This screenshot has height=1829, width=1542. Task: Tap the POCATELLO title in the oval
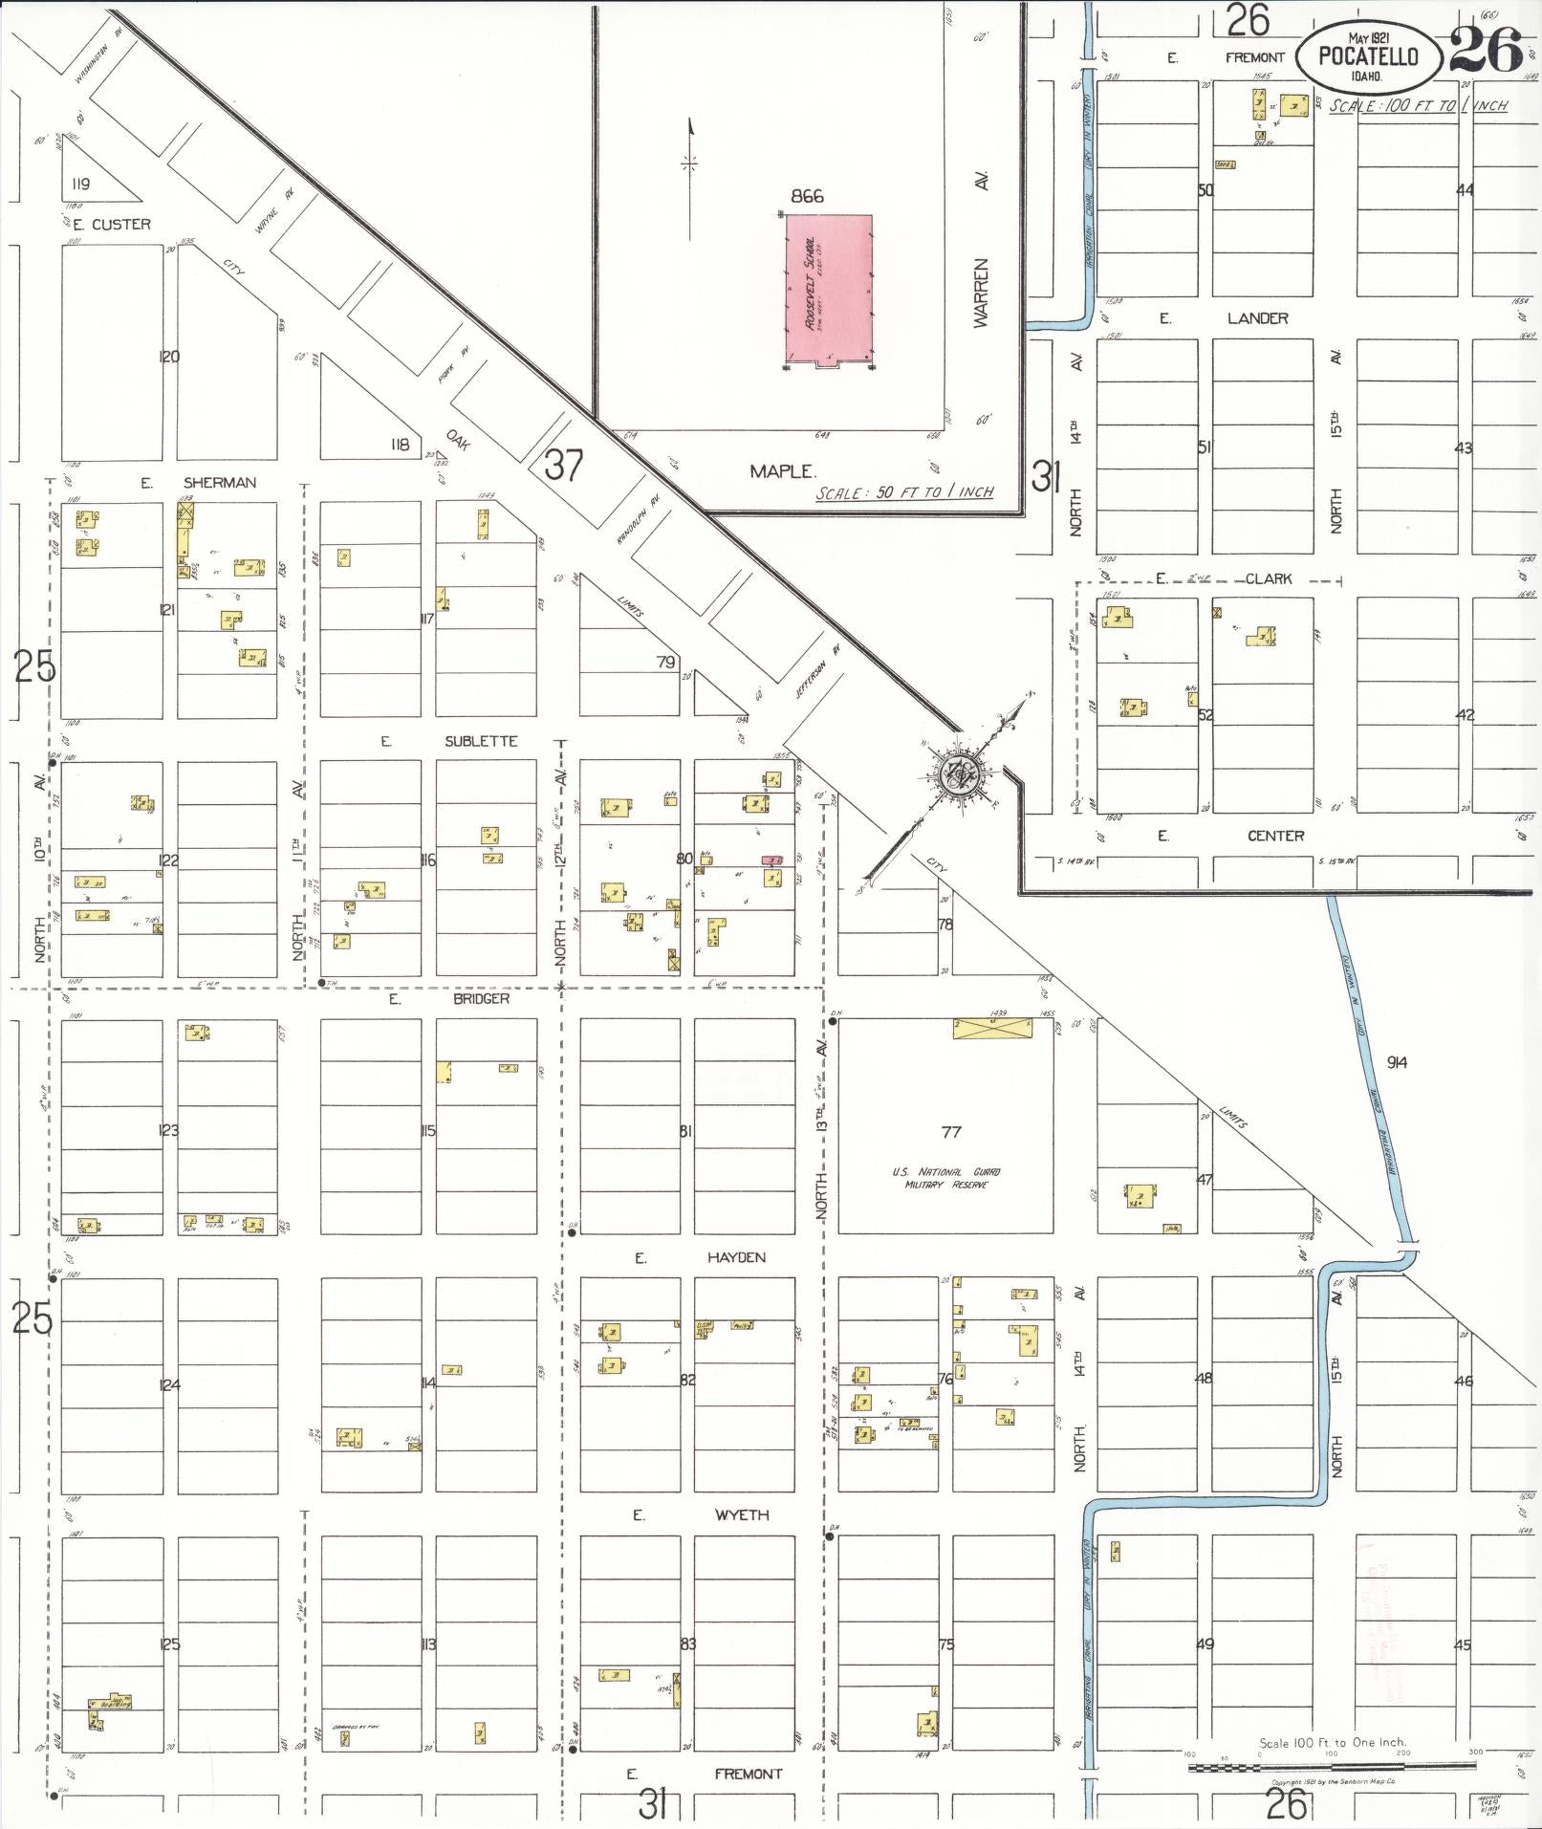coord(1368,56)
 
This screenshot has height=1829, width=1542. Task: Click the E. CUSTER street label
coord(112,225)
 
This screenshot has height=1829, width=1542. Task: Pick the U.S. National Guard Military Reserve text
coord(946,1178)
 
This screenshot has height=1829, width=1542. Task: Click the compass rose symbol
coord(956,773)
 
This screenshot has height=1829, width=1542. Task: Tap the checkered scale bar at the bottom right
coord(1332,1768)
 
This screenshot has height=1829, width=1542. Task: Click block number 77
coord(950,1132)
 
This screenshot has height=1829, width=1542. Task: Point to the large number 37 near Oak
coord(564,466)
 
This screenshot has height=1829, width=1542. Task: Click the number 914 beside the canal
coord(1397,1062)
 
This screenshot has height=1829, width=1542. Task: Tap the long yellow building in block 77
coord(992,1028)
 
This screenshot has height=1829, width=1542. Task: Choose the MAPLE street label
coord(783,471)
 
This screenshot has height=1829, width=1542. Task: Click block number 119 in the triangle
coord(80,184)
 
